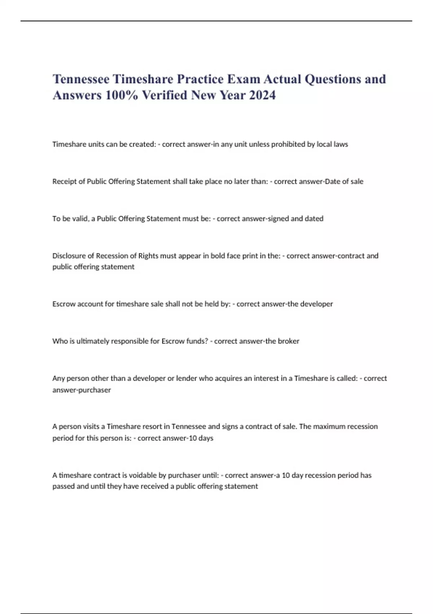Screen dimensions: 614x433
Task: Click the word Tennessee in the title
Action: click(x=81, y=79)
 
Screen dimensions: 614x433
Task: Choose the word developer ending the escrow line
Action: click(x=316, y=304)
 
